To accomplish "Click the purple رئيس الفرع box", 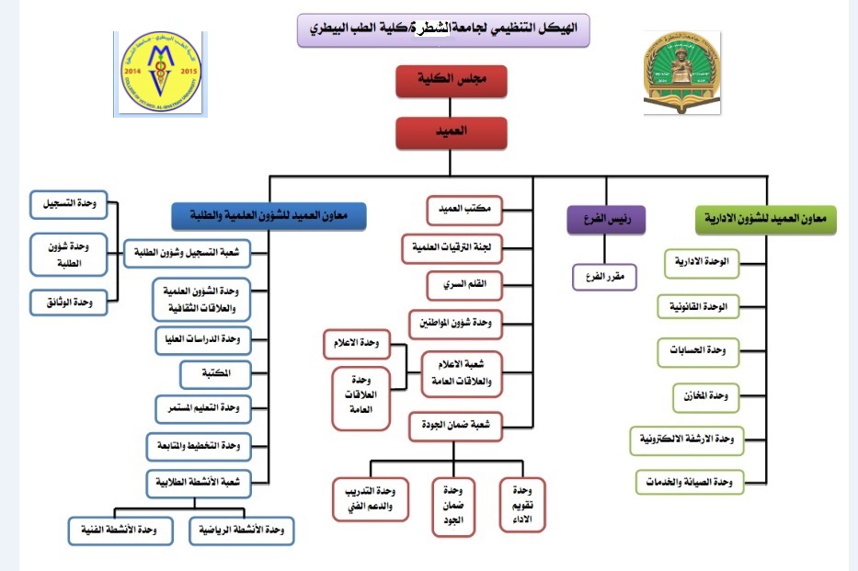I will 605,221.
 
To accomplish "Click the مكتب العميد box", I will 466,211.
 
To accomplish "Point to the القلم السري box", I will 466,285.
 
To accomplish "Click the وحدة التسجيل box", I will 68,203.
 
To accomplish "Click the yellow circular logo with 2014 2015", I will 160,74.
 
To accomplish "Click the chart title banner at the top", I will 443,29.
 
